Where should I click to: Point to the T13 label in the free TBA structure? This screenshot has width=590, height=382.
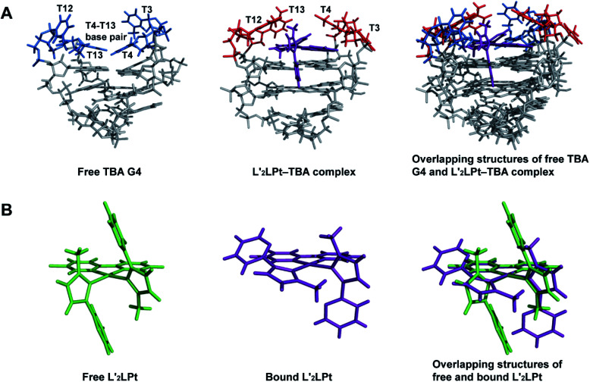(x=96, y=55)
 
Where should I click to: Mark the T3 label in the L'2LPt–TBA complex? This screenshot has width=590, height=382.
(x=374, y=27)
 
